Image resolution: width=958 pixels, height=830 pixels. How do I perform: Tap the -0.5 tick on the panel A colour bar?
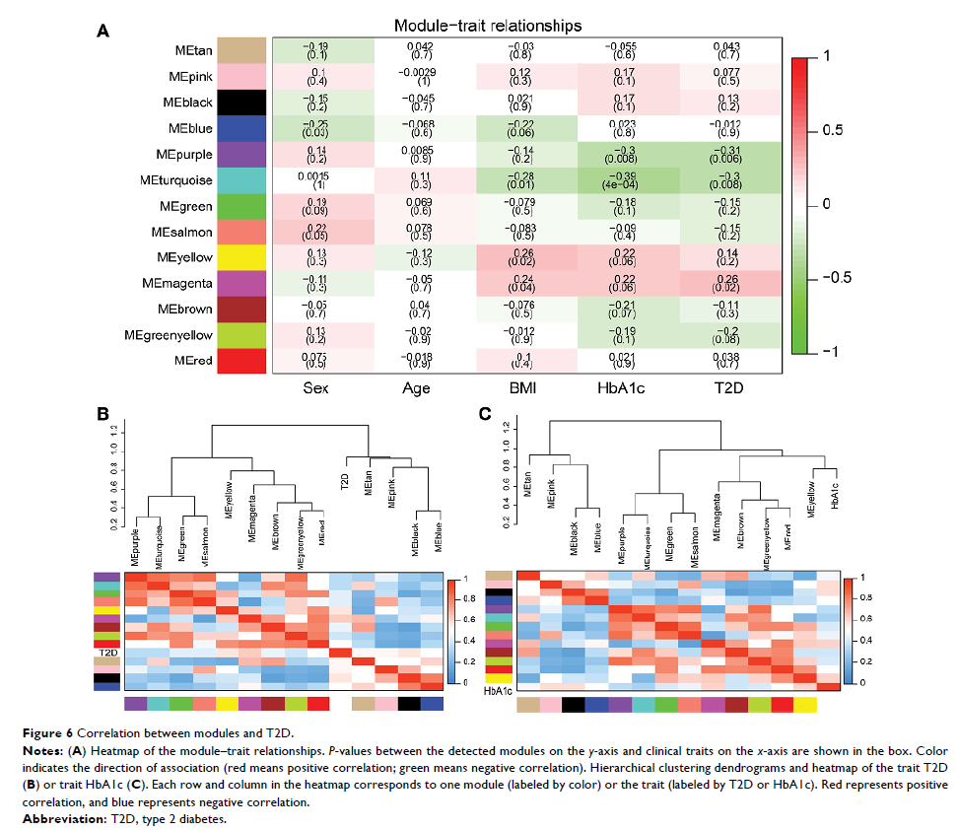pos(837,278)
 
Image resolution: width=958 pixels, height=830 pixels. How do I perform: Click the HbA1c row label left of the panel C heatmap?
pos(496,693)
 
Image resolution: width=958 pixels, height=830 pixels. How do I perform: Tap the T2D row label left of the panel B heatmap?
pos(110,652)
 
